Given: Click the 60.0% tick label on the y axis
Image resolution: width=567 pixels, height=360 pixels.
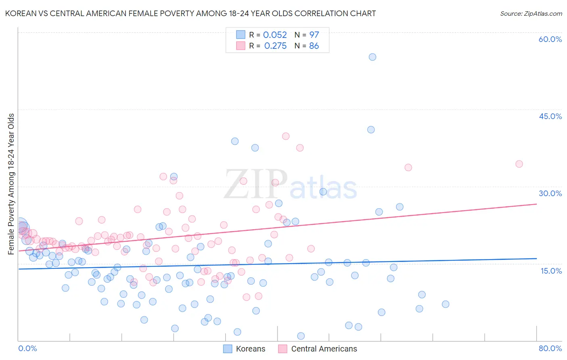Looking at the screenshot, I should [x=550, y=39].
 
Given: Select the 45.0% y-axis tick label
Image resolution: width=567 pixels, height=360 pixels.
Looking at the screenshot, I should [x=550, y=116].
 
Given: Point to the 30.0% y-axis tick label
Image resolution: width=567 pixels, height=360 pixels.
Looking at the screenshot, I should [x=550, y=193].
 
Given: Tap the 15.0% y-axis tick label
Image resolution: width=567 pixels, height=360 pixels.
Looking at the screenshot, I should [x=551, y=271].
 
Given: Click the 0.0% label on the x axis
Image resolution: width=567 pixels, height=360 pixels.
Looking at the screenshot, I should [x=28, y=348].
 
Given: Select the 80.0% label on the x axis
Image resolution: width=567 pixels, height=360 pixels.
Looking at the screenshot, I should [x=550, y=348].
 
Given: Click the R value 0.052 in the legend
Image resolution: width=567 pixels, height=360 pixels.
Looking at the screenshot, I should [x=275, y=35].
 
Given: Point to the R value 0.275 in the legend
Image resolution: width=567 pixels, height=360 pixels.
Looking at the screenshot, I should [x=275, y=46].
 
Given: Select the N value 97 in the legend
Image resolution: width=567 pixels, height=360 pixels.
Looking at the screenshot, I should [x=314, y=35].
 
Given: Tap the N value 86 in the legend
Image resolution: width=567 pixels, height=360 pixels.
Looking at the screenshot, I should [x=314, y=46].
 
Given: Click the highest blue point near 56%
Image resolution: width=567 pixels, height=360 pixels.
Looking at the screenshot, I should [x=372, y=57].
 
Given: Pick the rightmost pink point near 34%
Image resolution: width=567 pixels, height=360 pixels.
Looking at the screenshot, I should [x=519, y=164].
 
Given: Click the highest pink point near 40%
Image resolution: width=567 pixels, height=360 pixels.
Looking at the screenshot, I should [x=286, y=136].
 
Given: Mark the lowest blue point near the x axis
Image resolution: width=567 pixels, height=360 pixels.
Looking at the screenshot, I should [x=301, y=336].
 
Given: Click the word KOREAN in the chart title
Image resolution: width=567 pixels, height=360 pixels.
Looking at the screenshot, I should [x=20, y=14].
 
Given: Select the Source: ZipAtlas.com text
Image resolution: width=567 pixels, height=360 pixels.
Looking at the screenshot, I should [x=531, y=14].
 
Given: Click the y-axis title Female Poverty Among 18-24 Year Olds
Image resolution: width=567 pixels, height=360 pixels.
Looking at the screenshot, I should [x=11, y=184].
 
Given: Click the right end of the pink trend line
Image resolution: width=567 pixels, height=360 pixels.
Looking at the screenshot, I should [x=536, y=204].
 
